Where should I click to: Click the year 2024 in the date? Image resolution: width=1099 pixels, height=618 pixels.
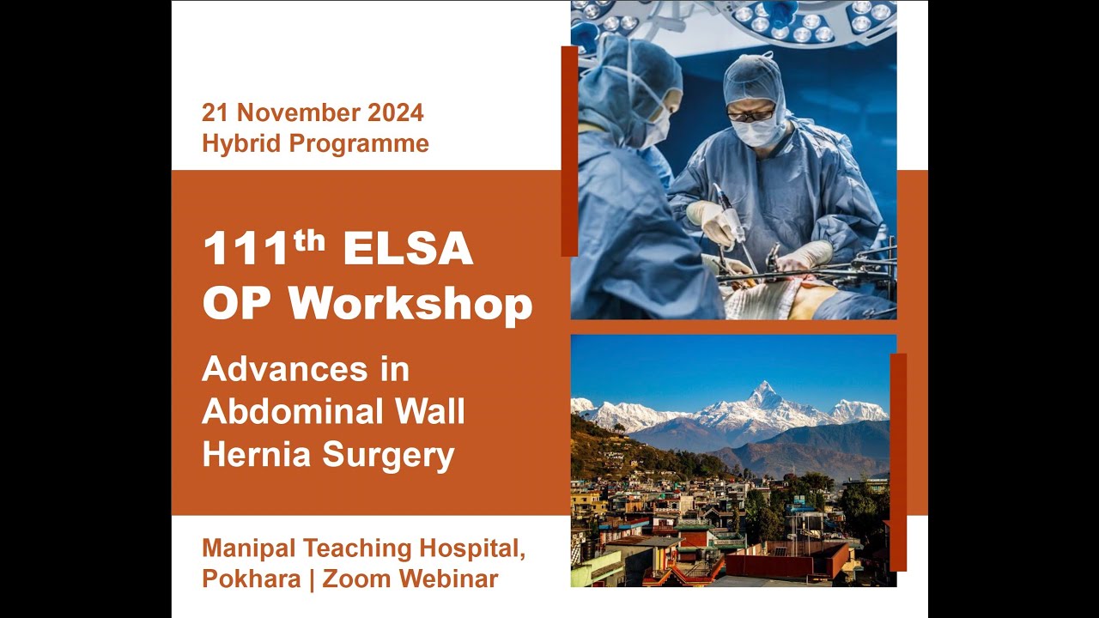click(x=396, y=112)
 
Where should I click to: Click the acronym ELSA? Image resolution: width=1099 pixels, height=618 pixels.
click(x=408, y=250)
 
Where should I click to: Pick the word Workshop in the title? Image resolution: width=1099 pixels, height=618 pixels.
click(x=410, y=303)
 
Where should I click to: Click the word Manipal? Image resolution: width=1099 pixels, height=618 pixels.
click(x=248, y=548)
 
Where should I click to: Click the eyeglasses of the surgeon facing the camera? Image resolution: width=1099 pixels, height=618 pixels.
click(x=750, y=112)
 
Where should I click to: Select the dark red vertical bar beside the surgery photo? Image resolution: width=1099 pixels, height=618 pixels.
click(x=568, y=151)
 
